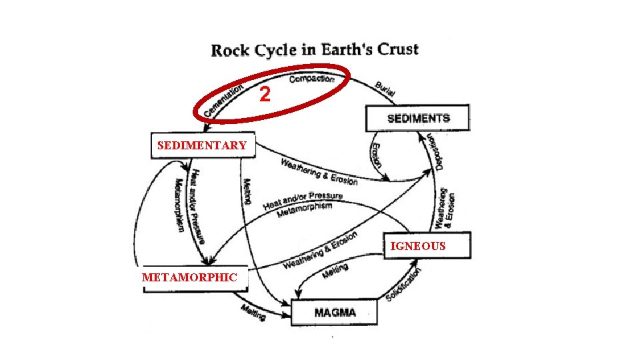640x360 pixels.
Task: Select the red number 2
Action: pos(265,95)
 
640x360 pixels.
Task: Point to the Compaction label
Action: pos(312,79)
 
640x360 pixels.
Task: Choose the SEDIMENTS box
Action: pos(417,119)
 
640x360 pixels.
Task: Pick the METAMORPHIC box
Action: pos(189,277)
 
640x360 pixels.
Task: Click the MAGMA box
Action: pos(335,312)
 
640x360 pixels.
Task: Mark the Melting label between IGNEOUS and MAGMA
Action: pos(335,271)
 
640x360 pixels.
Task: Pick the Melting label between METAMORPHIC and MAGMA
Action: pos(253,311)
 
